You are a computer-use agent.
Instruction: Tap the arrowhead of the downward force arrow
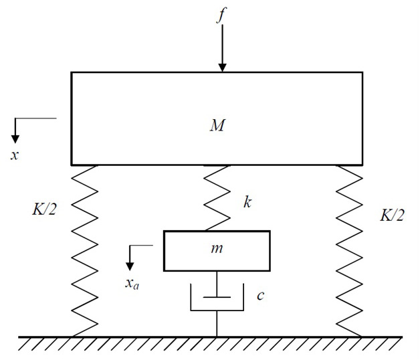pos(222,66)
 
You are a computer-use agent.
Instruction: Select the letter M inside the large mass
pos(216,125)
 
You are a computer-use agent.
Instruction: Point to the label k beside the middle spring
pos(247,202)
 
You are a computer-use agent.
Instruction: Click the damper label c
pos(260,294)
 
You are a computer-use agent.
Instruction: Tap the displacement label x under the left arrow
pos(15,155)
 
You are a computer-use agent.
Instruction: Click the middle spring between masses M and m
pos(217,197)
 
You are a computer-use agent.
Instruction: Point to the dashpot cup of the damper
pos(217,307)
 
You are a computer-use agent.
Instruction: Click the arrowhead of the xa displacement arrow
pos(132,262)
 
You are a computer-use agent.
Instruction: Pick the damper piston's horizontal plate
pos(217,296)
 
